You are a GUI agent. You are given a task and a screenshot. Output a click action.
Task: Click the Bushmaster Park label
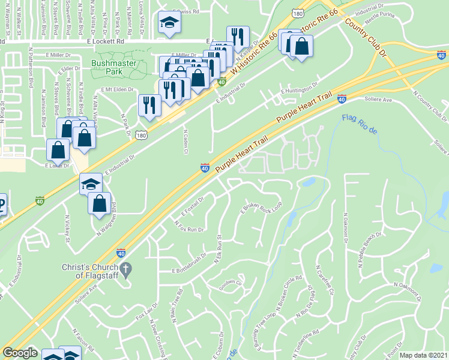107,67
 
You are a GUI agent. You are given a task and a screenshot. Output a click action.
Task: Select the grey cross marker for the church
125,272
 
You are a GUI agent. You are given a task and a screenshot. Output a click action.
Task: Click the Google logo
20,353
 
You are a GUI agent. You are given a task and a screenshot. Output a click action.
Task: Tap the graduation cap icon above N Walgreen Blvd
91,184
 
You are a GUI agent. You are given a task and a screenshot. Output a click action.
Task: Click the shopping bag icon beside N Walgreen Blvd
100,203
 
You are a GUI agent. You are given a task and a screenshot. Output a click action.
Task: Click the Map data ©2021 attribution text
423,355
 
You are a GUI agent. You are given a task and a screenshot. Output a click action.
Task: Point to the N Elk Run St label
219,247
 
